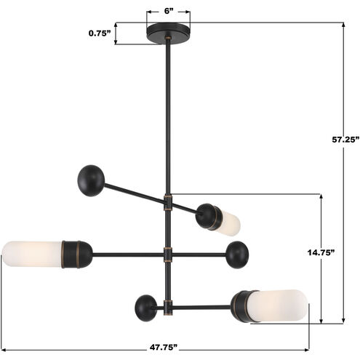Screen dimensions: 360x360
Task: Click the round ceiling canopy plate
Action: (x=169, y=32)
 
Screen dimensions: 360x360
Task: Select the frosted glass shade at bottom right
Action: (x=281, y=305)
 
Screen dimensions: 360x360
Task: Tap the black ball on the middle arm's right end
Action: (x=237, y=255)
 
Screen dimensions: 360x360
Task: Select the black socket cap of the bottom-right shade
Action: (x=242, y=305)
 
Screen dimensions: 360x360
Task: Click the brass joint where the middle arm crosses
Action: (x=169, y=255)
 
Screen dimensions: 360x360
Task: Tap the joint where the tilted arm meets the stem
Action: (x=169, y=203)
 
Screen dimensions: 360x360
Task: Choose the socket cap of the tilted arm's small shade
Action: (x=209, y=215)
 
